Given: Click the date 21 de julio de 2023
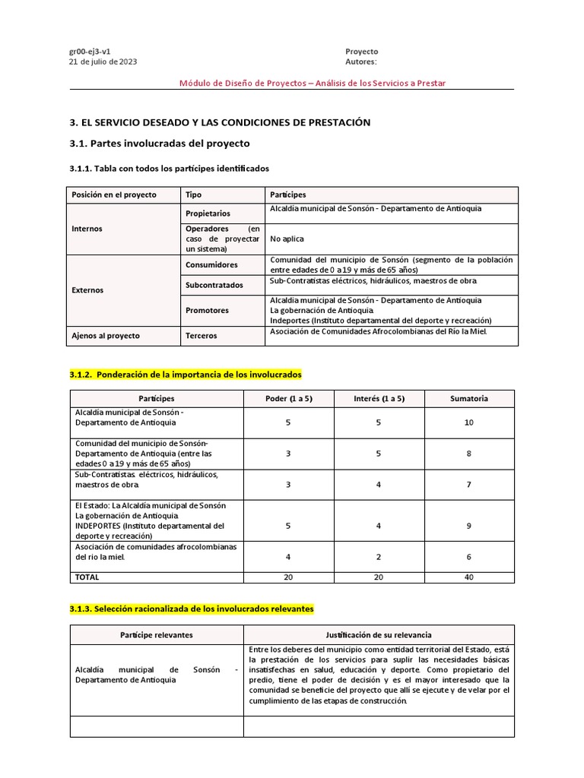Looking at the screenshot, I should (x=103, y=62).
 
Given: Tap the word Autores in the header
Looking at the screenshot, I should (x=360, y=62).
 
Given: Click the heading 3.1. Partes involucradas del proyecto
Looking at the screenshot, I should (x=160, y=143).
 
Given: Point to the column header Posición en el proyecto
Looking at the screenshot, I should (x=114, y=194).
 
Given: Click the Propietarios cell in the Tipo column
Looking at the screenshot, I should (x=208, y=213).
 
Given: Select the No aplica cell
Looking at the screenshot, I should (x=287, y=239).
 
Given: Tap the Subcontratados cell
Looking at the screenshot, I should (x=214, y=285).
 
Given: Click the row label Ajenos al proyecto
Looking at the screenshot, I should (x=106, y=335).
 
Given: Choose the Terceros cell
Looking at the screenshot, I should (x=201, y=335).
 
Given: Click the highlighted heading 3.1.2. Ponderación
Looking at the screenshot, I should (x=186, y=375).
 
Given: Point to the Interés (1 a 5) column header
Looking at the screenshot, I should (x=379, y=398).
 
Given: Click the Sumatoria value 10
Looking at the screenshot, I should (x=468, y=422).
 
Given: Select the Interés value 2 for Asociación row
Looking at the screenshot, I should (x=379, y=557).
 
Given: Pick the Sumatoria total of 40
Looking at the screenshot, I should (x=468, y=577).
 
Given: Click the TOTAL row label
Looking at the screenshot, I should (x=87, y=577).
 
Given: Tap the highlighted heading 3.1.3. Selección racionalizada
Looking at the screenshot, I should (x=191, y=609).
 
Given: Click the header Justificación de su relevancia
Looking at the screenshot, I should (x=379, y=634).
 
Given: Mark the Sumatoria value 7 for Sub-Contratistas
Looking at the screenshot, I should (x=468, y=485).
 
